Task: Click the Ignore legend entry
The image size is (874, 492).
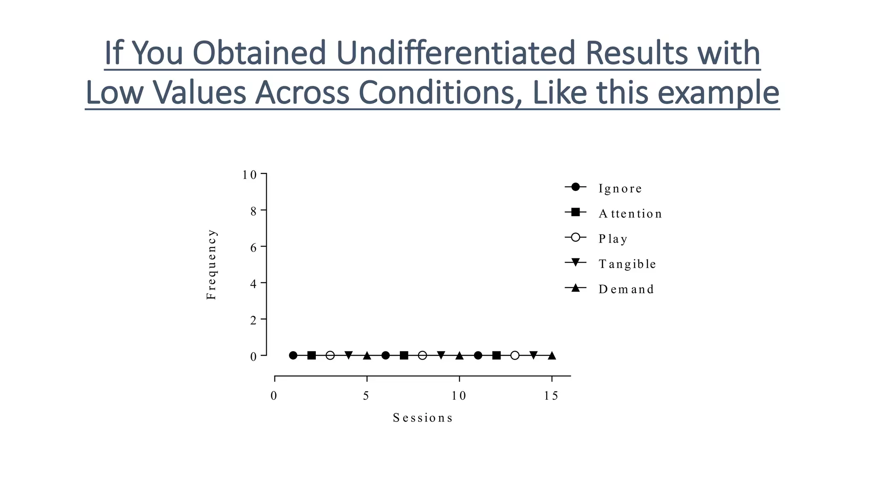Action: (620, 188)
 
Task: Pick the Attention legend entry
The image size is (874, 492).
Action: (630, 214)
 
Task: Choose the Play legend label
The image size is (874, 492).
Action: (613, 239)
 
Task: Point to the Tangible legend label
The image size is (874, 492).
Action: (627, 264)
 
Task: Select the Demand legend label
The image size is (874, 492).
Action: (626, 289)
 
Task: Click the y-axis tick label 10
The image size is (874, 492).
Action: (250, 175)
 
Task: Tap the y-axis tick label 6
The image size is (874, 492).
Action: (253, 247)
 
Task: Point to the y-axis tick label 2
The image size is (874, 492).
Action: (253, 320)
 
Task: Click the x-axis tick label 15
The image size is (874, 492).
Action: (551, 396)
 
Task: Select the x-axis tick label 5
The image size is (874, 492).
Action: (366, 396)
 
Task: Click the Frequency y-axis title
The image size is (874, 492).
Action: (212, 264)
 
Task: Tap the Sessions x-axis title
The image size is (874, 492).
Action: (422, 418)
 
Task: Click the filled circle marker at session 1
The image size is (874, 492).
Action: (293, 355)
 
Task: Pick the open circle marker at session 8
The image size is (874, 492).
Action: (422, 355)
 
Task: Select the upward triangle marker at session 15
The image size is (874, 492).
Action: (552, 355)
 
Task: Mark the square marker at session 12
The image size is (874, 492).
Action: (496, 355)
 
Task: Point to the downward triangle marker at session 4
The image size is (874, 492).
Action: (349, 355)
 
